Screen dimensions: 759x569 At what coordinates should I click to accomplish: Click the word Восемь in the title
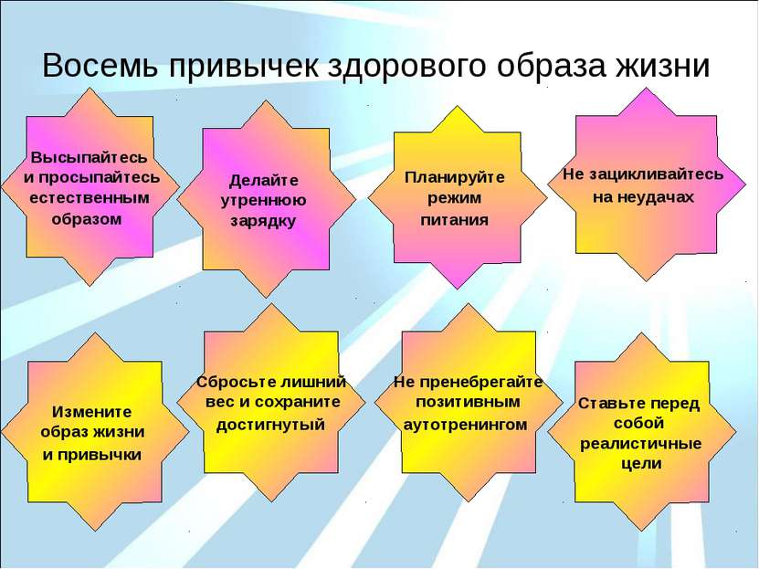100,66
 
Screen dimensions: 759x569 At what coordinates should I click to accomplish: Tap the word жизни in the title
662,66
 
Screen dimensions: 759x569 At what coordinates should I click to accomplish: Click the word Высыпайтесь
89,158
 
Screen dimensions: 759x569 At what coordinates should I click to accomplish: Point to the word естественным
90,198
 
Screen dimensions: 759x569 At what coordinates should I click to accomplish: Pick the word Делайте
264,181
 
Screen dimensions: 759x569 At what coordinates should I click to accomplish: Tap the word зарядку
263,222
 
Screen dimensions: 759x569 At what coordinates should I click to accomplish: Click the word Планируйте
455,177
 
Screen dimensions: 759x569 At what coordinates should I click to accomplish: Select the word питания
455,220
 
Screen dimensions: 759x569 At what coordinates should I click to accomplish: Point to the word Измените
92,411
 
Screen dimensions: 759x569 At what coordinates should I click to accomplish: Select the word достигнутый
270,426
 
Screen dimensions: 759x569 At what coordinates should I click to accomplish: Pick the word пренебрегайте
478,383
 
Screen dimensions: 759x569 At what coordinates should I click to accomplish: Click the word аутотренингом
465,425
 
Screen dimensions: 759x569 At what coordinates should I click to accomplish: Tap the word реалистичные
641,444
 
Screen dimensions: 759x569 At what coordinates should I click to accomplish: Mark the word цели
641,464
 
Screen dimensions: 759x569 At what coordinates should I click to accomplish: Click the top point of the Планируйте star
458,106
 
